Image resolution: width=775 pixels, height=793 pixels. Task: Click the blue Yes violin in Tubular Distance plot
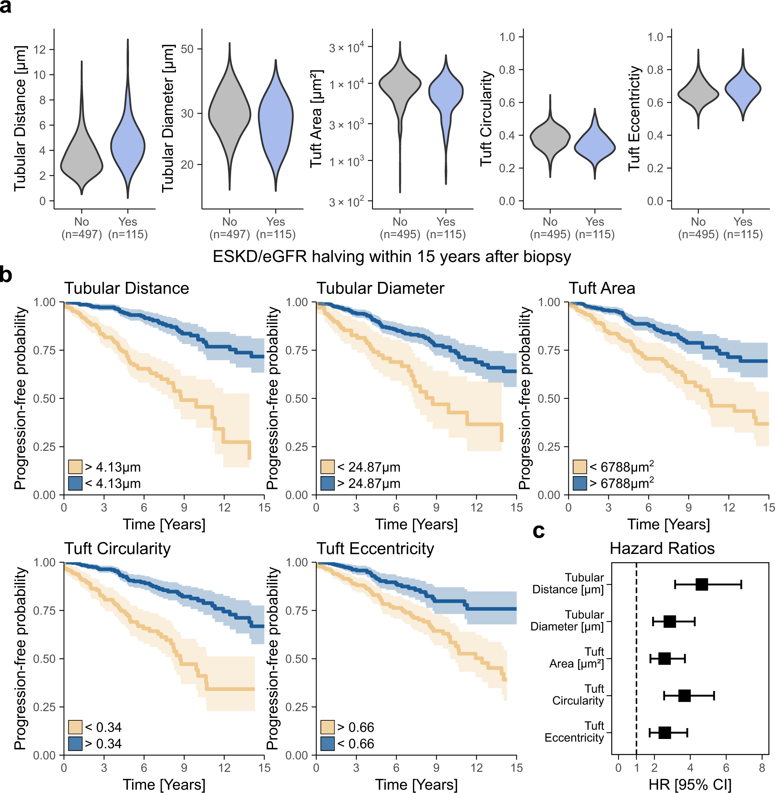coord(128,147)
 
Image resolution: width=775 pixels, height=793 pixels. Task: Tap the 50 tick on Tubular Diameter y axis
coord(187,49)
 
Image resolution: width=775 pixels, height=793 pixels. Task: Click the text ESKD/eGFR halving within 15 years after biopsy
coord(392,257)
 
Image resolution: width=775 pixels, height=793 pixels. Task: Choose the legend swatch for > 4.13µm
coord(75,467)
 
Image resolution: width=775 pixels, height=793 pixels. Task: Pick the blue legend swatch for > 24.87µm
coord(327,484)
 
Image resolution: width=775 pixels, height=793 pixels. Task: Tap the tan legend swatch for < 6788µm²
coord(580,467)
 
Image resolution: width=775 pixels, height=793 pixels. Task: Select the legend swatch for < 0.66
coord(327,744)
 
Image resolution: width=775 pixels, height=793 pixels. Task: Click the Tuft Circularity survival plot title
coord(117,548)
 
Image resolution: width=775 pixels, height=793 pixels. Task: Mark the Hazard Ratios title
coord(662,548)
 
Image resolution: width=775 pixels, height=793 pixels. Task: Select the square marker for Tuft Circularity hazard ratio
coord(684,696)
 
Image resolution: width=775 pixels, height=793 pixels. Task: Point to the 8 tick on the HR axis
coord(762,768)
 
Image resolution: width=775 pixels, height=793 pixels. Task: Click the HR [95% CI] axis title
coord(690,784)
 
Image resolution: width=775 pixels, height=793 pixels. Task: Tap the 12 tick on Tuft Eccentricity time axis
coord(476,768)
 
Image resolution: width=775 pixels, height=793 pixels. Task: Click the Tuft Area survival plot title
coord(602,288)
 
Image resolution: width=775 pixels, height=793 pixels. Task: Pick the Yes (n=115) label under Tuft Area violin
coord(446,228)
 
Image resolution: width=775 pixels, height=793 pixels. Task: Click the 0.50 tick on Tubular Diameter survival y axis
coord(296,399)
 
